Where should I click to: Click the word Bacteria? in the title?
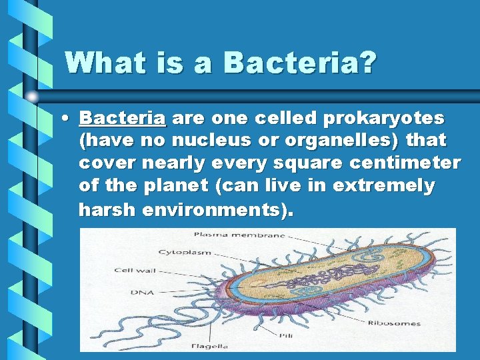pyautogui.click(x=301, y=63)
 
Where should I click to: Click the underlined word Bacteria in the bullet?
pyautogui.click(x=122, y=119)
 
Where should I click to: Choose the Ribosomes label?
pyautogui.click(x=394, y=323)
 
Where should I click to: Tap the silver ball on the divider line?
pyautogui.click(x=32, y=97)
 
